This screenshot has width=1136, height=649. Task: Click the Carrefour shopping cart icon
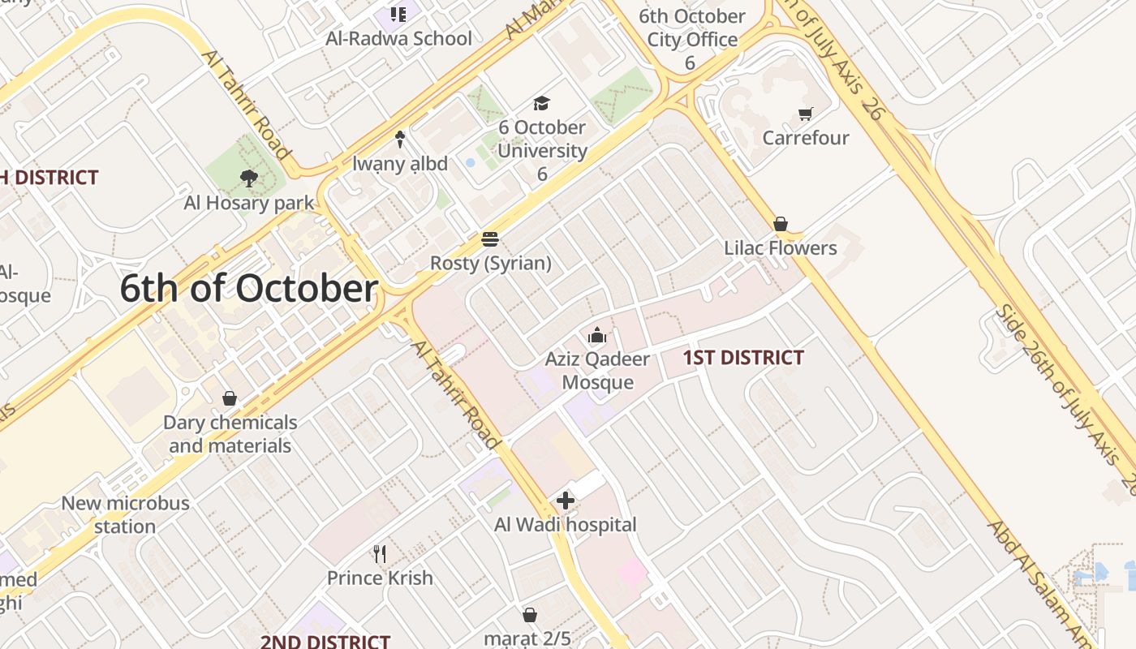click(x=805, y=114)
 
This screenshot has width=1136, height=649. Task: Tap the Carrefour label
click(x=805, y=138)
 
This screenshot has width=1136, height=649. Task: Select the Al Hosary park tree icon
click(x=248, y=178)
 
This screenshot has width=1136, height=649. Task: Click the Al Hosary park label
click(x=248, y=203)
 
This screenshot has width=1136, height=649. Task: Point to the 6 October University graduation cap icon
click(x=541, y=103)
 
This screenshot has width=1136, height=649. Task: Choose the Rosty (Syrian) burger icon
click(x=489, y=239)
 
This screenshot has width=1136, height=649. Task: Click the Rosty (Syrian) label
click(x=490, y=264)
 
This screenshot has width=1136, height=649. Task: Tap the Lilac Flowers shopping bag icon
click(x=781, y=224)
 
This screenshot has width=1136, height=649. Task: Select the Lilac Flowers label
click(x=780, y=248)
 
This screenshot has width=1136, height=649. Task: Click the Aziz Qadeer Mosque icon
click(x=597, y=335)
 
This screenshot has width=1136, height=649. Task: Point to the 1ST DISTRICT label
click(x=743, y=358)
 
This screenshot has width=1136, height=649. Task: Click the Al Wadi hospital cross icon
click(x=566, y=501)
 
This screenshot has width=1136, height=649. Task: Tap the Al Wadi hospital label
click(x=566, y=525)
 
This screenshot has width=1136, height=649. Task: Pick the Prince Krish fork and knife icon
click(x=380, y=554)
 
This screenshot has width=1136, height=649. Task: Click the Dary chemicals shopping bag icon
click(x=230, y=398)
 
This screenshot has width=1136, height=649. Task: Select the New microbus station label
click(x=125, y=514)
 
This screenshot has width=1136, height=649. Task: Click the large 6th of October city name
click(x=249, y=290)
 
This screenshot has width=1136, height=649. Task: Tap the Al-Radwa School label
click(x=398, y=38)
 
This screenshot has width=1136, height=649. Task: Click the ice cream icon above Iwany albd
click(x=399, y=140)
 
